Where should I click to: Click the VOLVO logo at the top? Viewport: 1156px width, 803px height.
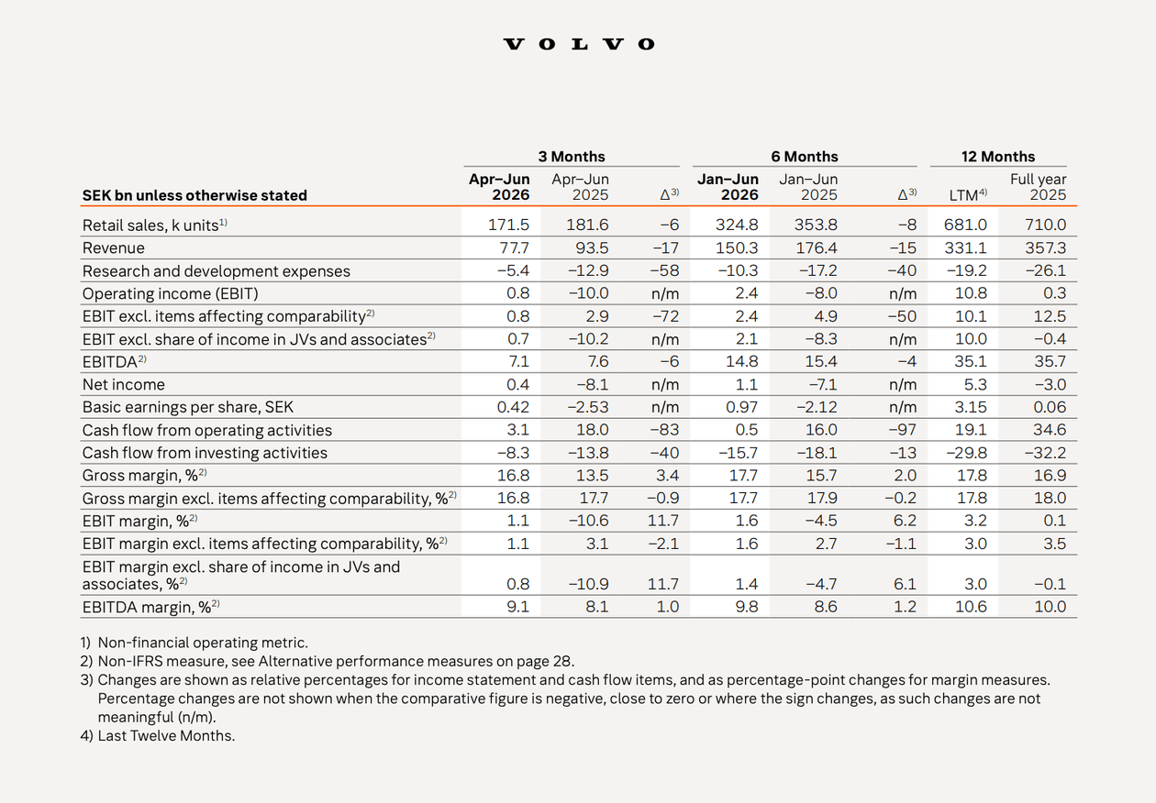[579, 44]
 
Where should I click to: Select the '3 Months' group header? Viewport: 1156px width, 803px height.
[572, 156]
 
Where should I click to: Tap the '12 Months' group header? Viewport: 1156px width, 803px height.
[997, 156]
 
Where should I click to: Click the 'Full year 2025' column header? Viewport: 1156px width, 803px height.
[1038, 187]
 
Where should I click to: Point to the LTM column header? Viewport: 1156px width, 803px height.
[968, 195]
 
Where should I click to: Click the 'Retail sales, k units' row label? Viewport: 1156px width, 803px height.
[155, 225]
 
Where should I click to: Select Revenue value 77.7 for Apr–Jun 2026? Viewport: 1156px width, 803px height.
[514, 247]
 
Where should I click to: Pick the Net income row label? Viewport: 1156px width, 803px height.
[123, 384]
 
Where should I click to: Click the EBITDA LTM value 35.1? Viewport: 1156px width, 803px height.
[971, 361]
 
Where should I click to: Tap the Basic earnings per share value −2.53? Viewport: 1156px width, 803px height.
[588, 407]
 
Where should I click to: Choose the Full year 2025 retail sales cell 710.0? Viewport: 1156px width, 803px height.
[1045, 225]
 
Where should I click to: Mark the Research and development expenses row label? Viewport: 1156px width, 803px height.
[217, 270]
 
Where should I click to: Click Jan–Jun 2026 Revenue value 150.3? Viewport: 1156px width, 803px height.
[737, 247]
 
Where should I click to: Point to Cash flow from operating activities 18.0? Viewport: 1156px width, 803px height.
[592, 430]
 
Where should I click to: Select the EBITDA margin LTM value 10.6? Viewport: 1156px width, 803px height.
[971, 607]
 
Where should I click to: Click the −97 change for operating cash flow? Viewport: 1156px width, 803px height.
[902, 430]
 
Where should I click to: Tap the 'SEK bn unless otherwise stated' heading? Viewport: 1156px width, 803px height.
[195, 195]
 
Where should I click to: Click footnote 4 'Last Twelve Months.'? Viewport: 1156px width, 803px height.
[158, 735]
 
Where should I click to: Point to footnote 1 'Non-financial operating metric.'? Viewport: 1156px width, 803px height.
[195, 643]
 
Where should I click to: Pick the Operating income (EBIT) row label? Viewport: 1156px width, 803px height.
[171, 293]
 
